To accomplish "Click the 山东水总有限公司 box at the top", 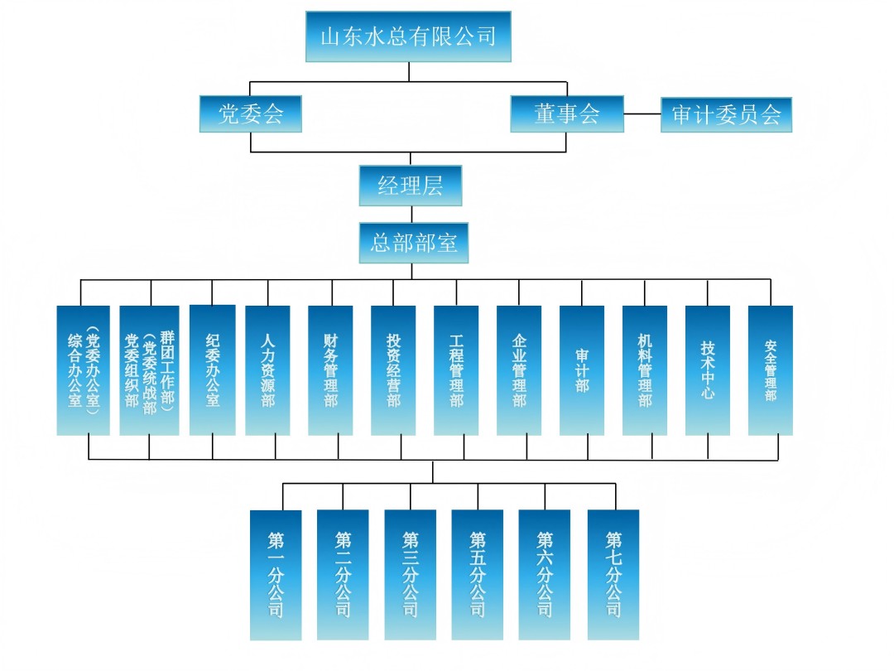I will click(408, 36).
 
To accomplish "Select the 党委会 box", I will click(250, 114).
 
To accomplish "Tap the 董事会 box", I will click(567, 114).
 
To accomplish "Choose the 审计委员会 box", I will click(726, 115).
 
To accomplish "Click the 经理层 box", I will click(411, 186).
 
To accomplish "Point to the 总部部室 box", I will click(413, 243).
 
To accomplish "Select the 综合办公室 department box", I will click(83, 370).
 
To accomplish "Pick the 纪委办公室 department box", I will click(212, 370).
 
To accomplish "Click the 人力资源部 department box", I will click(267, 370).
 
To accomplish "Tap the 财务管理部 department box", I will click(330, 370).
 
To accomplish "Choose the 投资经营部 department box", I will click(393, 370).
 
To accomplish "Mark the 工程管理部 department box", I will click(456, 370).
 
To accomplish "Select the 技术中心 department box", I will click(708, 370).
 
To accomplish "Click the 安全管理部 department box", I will click(771, 370).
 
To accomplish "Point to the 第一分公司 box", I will click(276, 575).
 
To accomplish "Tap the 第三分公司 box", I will click(410, 575).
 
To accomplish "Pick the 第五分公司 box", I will click(478, 575).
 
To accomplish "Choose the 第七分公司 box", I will click(613, 575).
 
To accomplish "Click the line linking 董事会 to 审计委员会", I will click(642, 114).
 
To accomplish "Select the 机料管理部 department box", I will click(645, 370).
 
